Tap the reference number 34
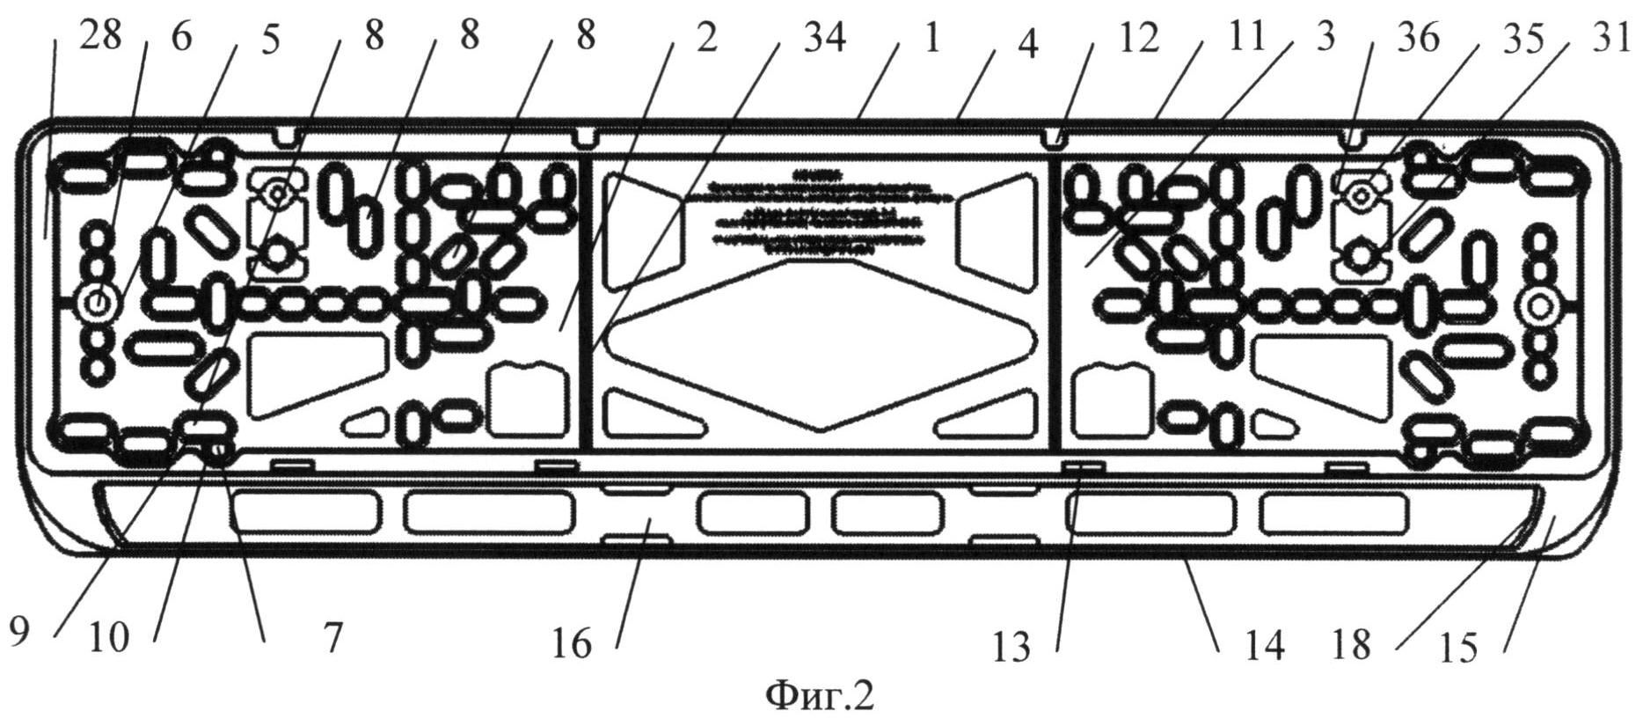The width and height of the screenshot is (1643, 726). coord(817,39)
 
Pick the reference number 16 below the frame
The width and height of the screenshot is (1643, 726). coord(573,645)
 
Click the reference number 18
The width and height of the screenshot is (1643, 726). coord(1351,646)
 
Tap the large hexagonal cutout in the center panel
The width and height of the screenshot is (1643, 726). coord(820,343)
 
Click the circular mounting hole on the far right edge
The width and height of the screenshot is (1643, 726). coord(1537,307)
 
